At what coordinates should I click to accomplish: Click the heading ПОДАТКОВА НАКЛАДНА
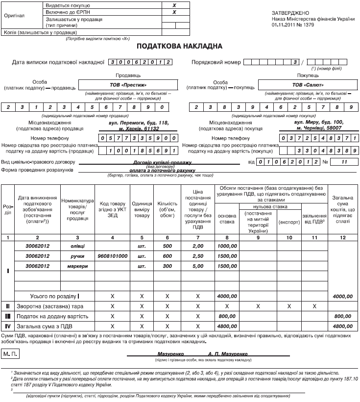[x=180, y=46]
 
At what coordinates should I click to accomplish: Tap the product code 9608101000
[x=112, y=256]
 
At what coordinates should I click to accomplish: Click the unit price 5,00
[x=198, y=266]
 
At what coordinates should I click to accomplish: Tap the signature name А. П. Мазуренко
[x=228, y=353]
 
